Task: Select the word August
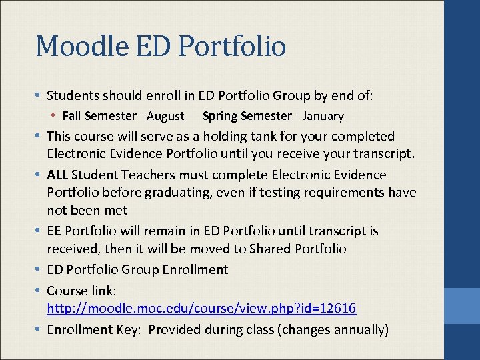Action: tap(165, 116)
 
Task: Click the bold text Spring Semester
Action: tap(247, 116)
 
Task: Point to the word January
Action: tap(323, 116)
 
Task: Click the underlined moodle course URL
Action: tap(201, 309)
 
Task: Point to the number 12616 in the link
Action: tap(337, 309)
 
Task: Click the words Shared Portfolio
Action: tap(297, 249)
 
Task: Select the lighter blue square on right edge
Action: tap(462, 306)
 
